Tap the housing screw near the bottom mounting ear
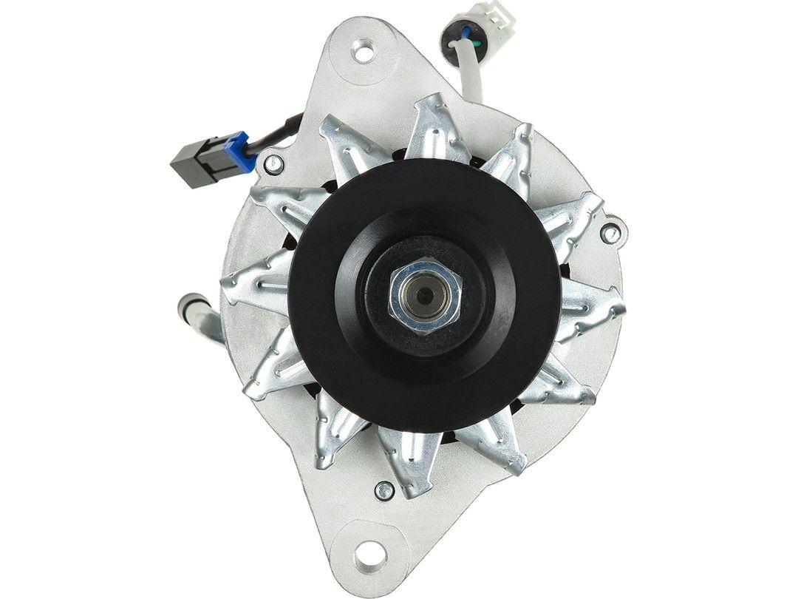click(x=383, y=490)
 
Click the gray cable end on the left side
click(x=190, y=305)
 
